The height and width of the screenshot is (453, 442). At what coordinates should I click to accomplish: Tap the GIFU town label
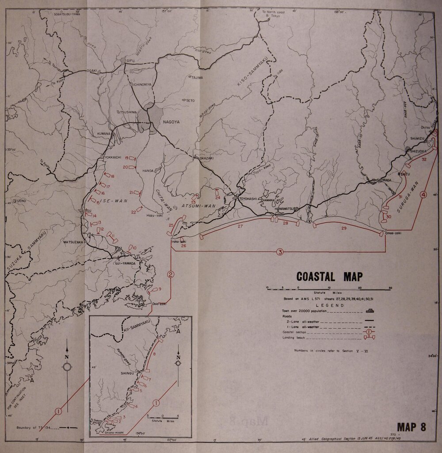pos(130,61)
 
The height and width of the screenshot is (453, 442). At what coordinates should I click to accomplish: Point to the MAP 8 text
pos(411,427)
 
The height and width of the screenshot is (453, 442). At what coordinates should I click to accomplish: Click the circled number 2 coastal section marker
pos(171,274)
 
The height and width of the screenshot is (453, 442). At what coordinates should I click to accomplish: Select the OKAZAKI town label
pos(206,158)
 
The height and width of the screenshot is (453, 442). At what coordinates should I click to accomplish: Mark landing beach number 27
pos(240,227)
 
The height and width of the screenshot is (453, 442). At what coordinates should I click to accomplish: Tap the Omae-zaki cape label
pos(393,233)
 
